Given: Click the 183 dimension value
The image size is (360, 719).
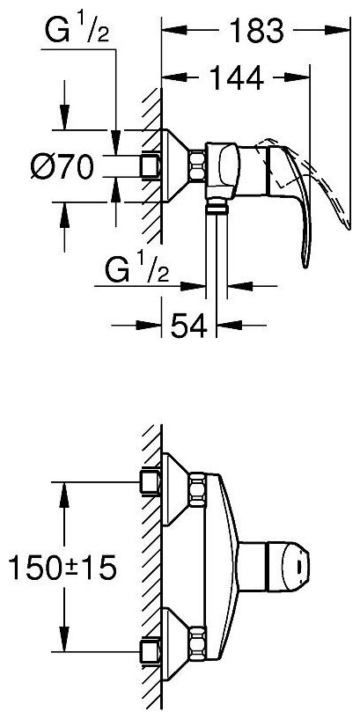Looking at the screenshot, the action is tap(256, 30).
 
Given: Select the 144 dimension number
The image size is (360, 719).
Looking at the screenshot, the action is tap(236, 77).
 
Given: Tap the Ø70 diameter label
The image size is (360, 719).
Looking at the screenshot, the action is tap(62, 166).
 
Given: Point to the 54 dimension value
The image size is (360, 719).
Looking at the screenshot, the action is tap(188, 326).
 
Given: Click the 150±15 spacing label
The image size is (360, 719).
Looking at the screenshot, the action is tap(62, 568).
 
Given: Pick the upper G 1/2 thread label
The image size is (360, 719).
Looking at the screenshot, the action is tap(77, 30).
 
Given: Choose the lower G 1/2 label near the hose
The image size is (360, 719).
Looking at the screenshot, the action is tap(137, 269).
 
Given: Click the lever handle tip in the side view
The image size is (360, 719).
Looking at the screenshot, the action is tap(307, 263).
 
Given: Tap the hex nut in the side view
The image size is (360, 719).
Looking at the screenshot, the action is tap(197, 165).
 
